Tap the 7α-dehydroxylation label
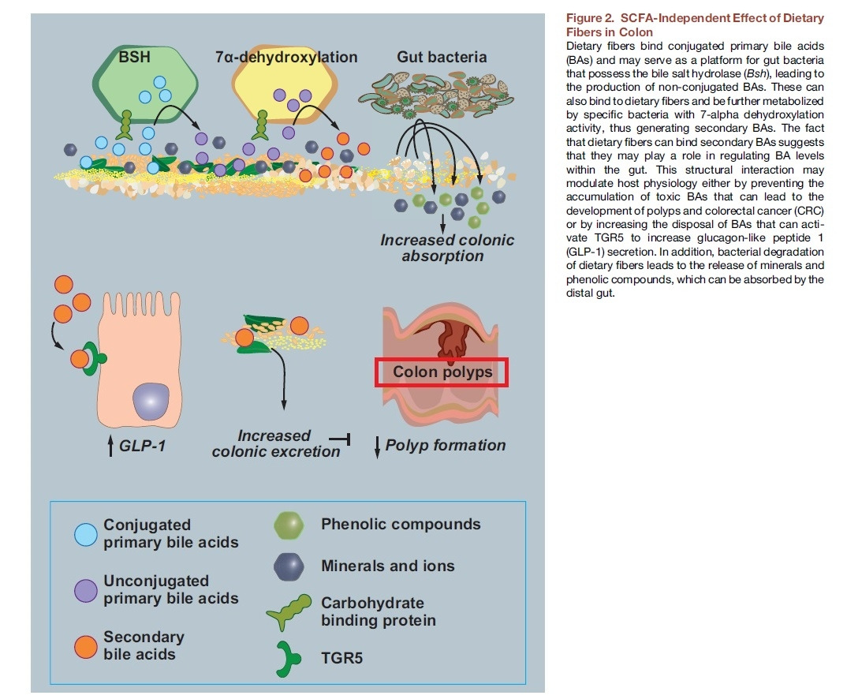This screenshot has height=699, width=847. (286, 57)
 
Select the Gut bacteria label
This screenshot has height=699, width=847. (442, 57)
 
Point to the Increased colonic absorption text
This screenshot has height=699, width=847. (446, 248)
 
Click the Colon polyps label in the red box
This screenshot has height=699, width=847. (442, 372)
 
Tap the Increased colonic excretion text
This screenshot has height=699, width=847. (275, 443)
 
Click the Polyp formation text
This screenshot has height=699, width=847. (446, 446)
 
